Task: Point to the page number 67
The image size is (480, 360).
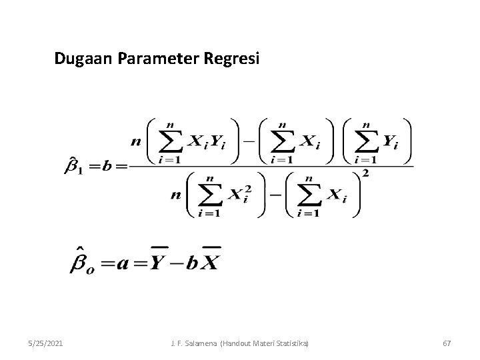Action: click(x=447, y=343)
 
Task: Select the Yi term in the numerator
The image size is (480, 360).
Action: click(x=390, y=142)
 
